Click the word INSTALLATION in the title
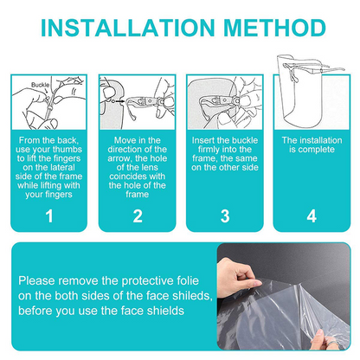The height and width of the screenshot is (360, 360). point(128,28)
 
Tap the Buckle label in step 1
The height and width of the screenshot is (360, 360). point(41,85)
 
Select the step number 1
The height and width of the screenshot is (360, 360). point(49,216)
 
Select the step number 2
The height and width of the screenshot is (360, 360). point(138,216)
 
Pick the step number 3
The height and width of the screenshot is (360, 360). point(225,216)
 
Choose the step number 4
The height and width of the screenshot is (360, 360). point(312,216)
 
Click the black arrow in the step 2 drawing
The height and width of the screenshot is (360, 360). point(120,101)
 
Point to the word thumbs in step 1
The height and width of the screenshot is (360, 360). point(68,150)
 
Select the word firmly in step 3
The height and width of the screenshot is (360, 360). point(209,150)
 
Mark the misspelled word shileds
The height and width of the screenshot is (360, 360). point(192,296)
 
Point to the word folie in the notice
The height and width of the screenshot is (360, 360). point(187,280)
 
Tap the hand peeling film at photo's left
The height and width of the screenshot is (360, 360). point(236,277)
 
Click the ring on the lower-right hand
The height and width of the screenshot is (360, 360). point(332,343)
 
